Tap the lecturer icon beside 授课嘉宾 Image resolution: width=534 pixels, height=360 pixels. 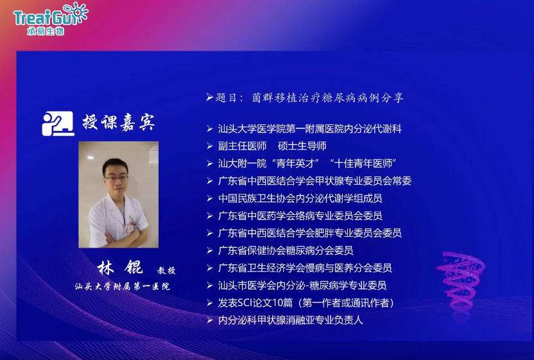[x=57, y=123]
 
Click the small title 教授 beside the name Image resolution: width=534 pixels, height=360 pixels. [x=166, y=270]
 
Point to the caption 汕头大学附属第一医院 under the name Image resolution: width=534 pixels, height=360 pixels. [x=122, y=286]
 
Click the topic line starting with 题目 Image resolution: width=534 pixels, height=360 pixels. [x=305, y=98]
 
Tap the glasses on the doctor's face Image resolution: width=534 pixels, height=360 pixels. [x=117, y=173]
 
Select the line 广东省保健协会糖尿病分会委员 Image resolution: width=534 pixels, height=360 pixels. [x=286, y=250]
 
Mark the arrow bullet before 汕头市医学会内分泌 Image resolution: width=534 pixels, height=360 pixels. [x=209, y=285]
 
